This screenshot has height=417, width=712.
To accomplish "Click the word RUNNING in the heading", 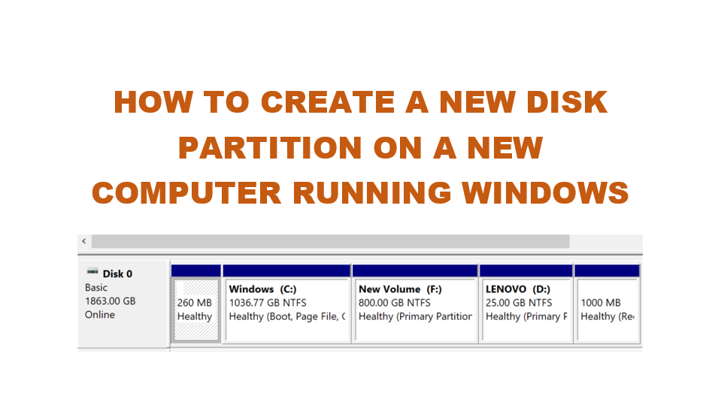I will click(372, 192).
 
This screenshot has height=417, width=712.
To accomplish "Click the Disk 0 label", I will click(117, 273).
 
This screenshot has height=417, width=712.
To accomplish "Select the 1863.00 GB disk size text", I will click(111, 301).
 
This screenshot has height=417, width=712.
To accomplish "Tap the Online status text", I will click(100, 314).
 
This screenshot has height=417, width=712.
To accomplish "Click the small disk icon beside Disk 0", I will click(92, 272).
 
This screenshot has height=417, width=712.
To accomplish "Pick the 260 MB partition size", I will click(195, 303).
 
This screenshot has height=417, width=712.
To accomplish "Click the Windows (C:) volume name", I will click(262, 289).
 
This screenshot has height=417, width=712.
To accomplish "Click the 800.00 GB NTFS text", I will click(395, 303).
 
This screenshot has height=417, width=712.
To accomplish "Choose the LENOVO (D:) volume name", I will click(519, 289).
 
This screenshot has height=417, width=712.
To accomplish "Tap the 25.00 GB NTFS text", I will click(519, 303).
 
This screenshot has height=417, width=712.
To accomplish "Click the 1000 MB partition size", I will click(601, 303).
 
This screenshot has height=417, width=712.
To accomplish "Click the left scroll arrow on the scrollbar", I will click(83, 242).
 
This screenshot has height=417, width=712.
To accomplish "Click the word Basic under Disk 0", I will click(96, 287).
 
